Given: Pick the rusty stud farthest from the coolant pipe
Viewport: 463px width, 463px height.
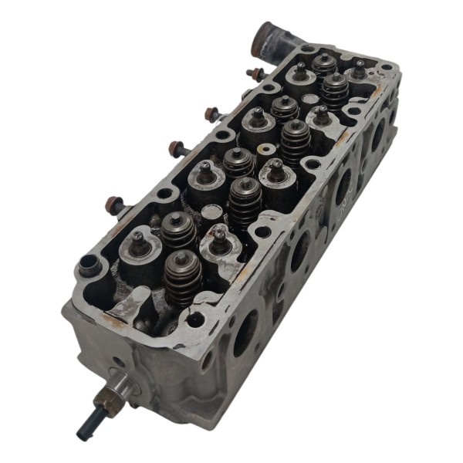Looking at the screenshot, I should coord(115,205).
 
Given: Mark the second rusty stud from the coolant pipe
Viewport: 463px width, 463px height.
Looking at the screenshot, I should coord(212,115).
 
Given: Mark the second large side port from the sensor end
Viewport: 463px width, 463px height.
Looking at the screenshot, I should coord(298,252).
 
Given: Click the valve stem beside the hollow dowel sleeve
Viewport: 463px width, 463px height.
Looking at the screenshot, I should coord(137,239).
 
